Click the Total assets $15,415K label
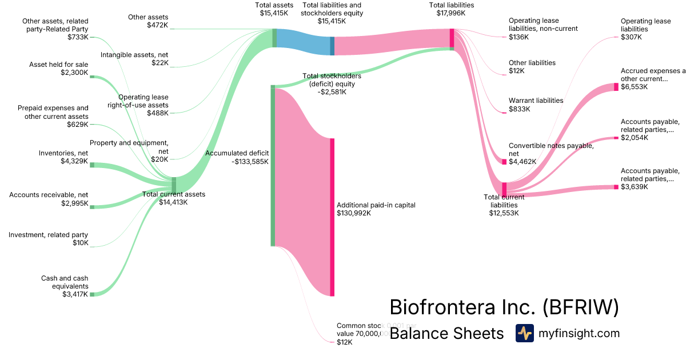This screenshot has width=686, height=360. tap(274, 9)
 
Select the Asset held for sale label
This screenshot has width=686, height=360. tap(59, 65)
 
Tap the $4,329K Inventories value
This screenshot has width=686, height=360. tap(74, 162)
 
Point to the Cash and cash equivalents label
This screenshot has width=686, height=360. tap(65, 282)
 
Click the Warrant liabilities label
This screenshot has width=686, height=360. tap(536, 101)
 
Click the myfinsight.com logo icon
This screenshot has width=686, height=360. tap(524, 333)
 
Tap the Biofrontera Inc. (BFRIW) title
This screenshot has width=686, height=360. tap(504, 307)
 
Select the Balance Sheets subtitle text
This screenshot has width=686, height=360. tap(446, 333)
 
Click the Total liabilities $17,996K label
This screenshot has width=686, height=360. tap(452, 9)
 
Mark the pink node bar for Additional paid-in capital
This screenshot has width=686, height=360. tap(332, 217)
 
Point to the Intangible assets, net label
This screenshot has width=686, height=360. tap(134, 55)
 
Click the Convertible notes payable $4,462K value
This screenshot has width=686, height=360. tap(523, 162)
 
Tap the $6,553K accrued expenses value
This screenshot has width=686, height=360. tap(635, 87)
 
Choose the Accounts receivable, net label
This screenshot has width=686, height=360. tap(49, 195)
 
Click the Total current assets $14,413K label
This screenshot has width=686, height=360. tap(173, 198)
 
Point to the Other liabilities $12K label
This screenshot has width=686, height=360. tap(532, 66)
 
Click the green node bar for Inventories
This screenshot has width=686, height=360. tap(92, 165)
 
